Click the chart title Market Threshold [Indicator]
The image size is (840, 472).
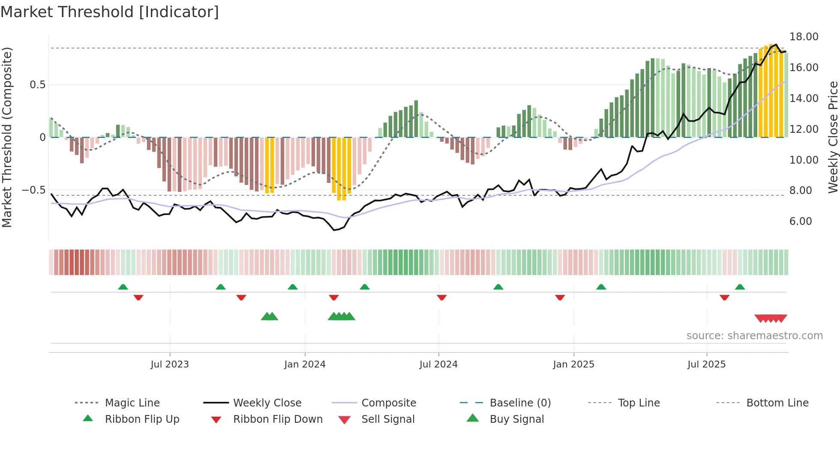[110, 12]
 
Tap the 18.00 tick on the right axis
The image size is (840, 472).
[804, 37]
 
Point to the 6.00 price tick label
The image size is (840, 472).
[801, 221]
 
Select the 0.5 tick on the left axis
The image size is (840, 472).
[37, 85]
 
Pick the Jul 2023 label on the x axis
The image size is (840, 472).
[170, 364]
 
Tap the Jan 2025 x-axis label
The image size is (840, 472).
[573, 364]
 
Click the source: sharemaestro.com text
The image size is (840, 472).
[754, 336]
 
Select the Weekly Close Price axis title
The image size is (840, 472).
[833, 137]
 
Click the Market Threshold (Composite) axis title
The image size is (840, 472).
[7, 137]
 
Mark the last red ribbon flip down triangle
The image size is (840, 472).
[725, 297]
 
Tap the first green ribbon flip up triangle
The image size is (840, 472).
[123, 287]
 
